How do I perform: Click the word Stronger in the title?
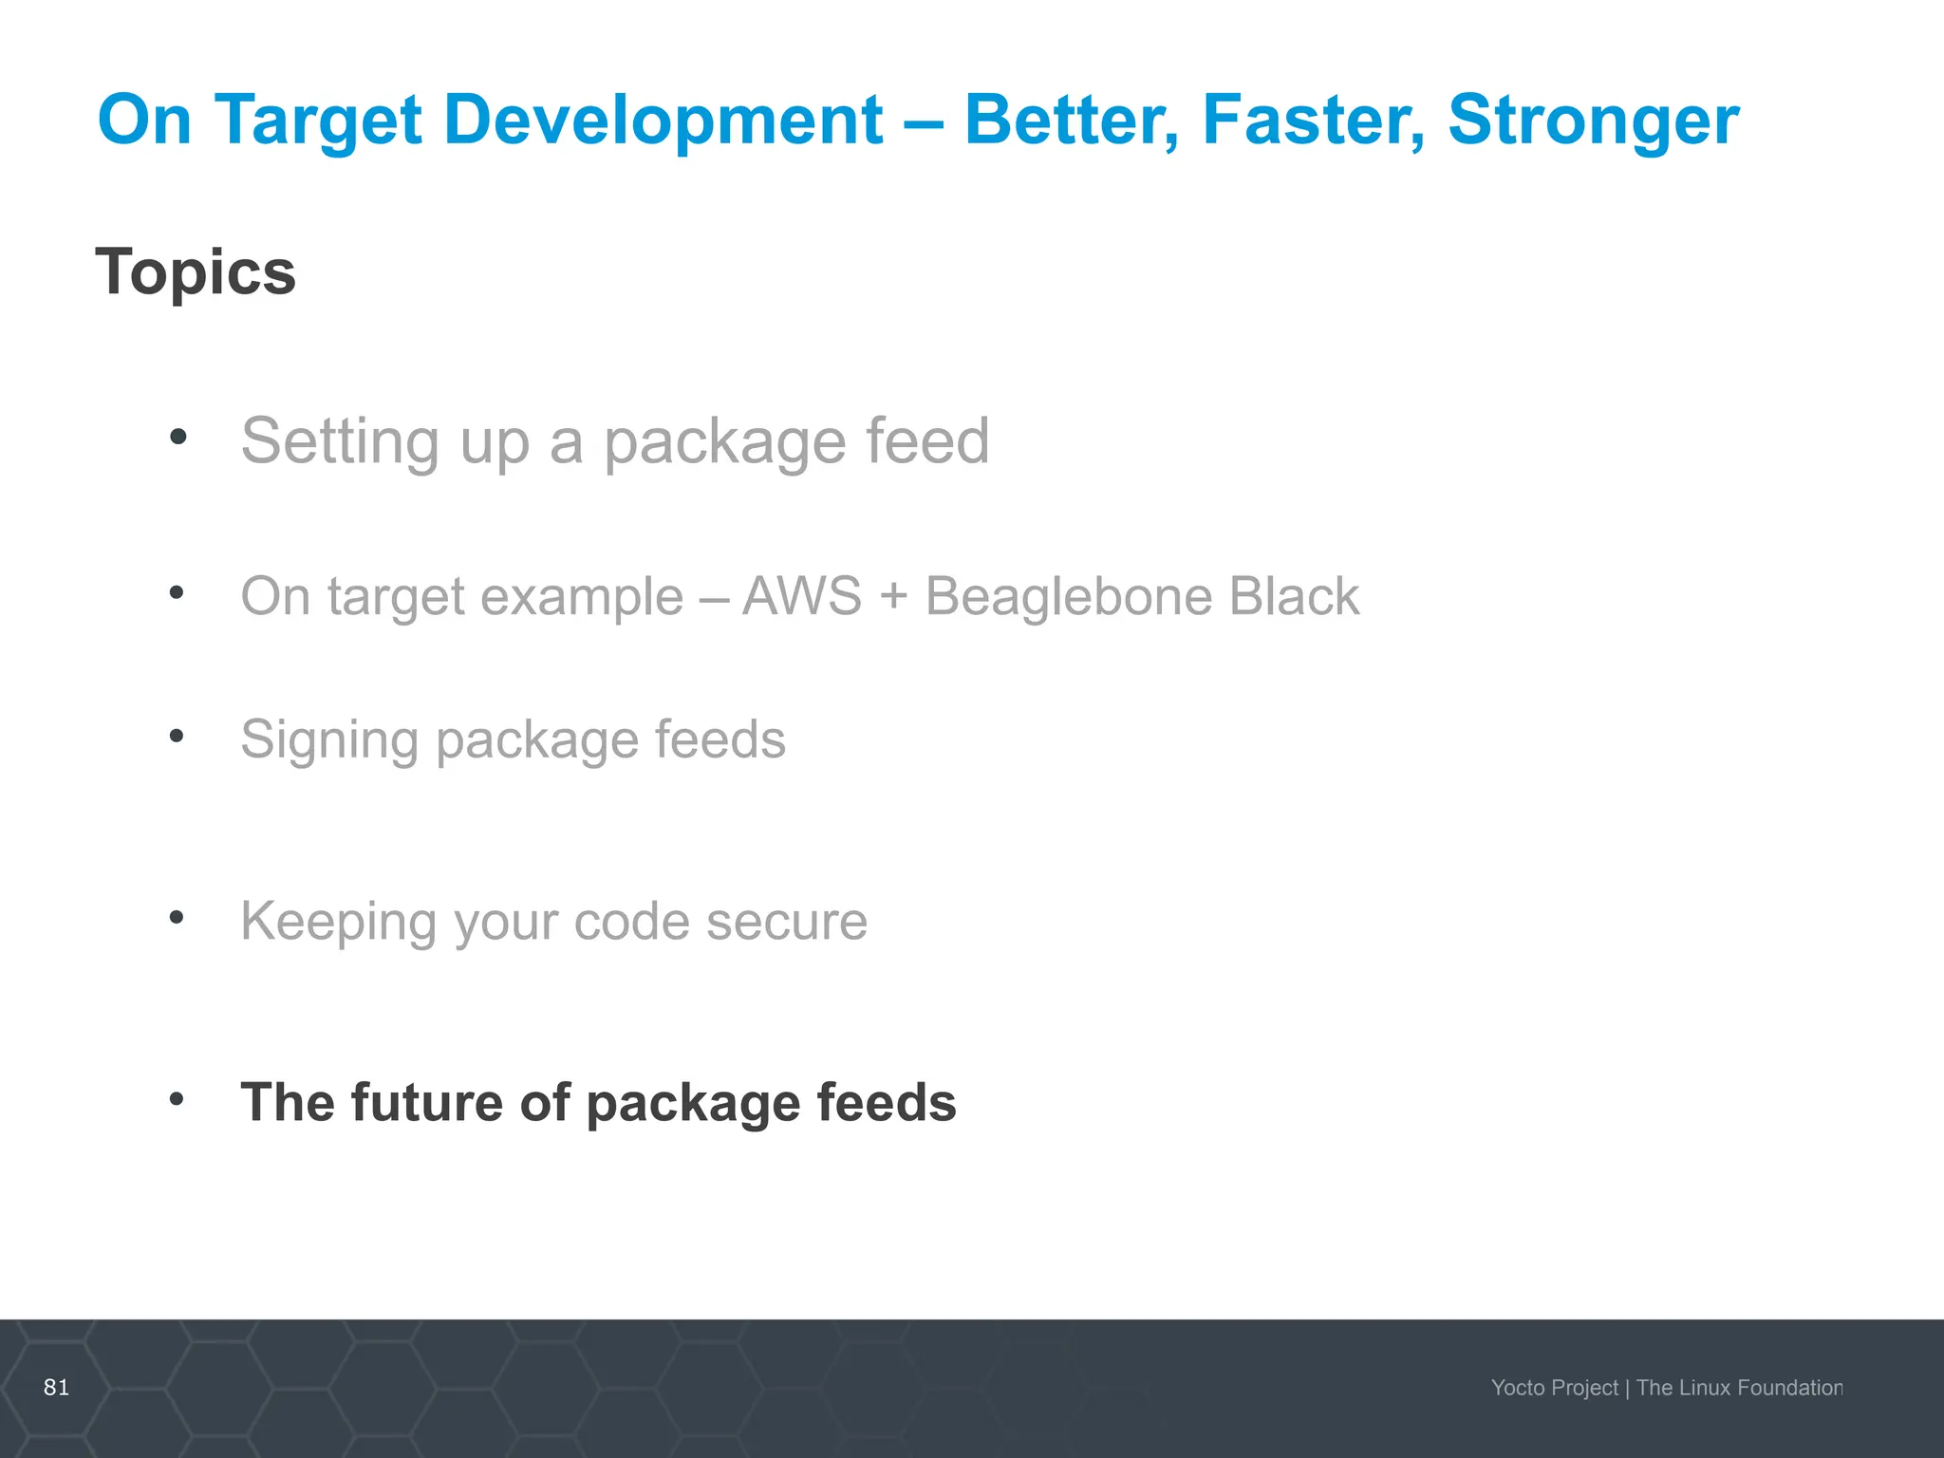[x=1593, y=121]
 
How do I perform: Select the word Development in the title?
[x=664, y=121]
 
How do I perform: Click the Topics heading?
[x=196, y=272]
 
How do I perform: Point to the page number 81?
[x=57, y=1387]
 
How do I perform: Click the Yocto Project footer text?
[x=1554, y=1388]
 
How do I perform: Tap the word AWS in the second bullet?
[x=802, y=596]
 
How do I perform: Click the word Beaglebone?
[x=1068, y=596]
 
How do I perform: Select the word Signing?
[x=328, y=740]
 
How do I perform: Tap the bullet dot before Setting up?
[x=178, y=438]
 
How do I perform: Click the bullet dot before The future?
[x=177, y=1099]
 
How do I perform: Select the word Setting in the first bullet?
[x=340, y=442]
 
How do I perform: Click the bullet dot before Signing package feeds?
[x=177, y=736]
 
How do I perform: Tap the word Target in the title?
[x=318, y=121]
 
